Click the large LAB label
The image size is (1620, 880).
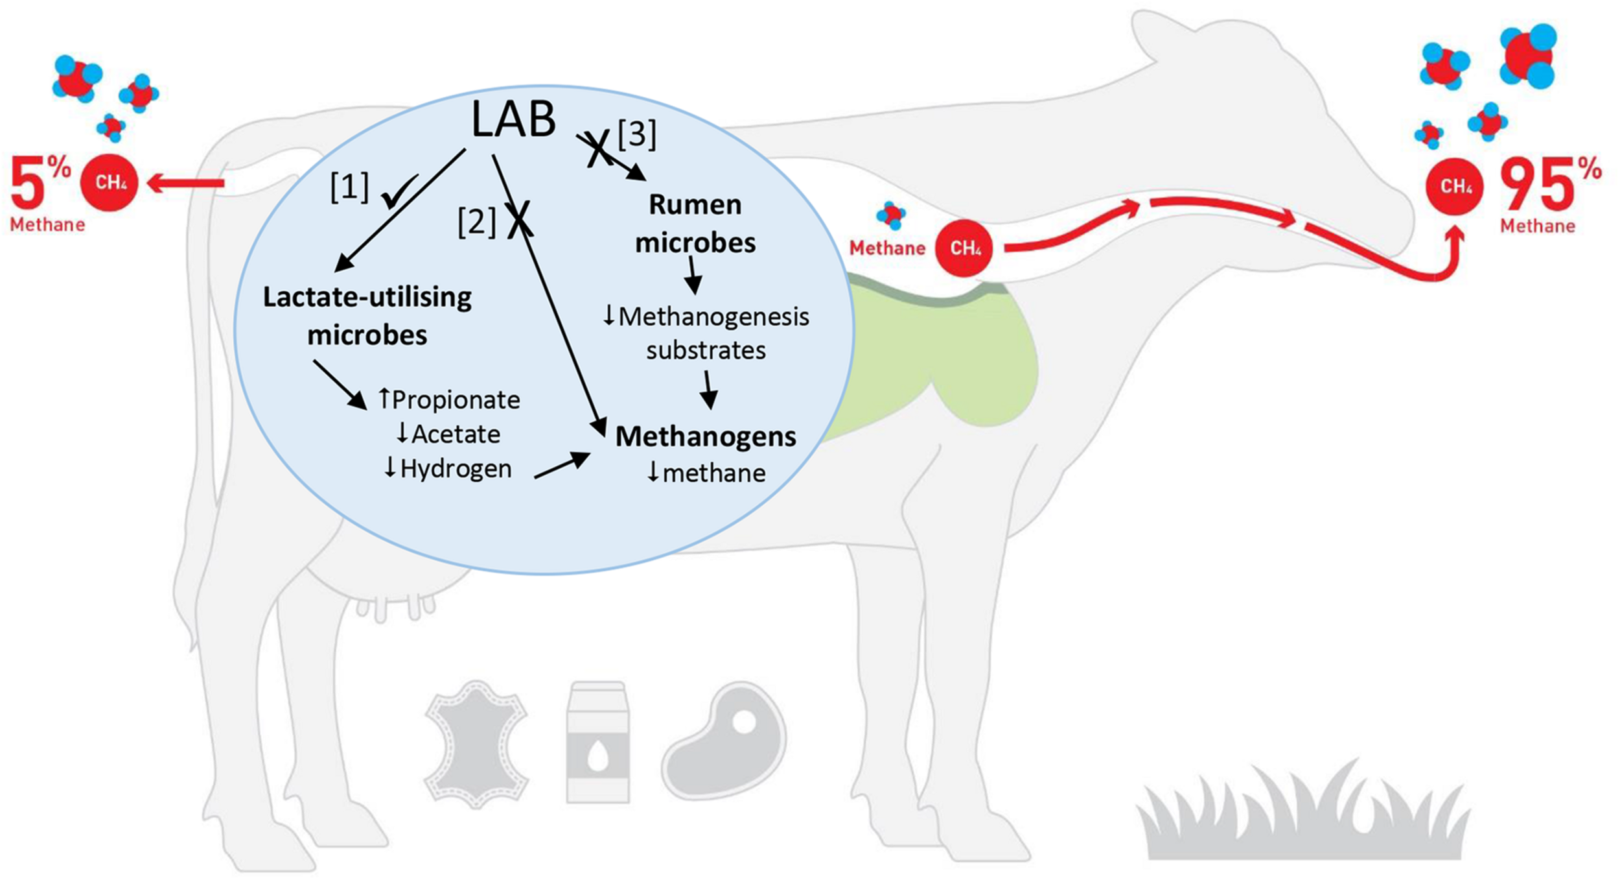pyautogui.click(x=513, y=119)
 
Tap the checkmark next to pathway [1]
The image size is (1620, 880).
pyautogui.click(x=399, y=193)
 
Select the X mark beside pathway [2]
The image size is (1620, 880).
pyautogui.click(x=520, y=219)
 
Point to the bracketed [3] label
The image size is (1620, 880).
pyautogui.click(x=637, y=135)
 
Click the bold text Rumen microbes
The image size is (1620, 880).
pyautogui.click(x=695, y=224)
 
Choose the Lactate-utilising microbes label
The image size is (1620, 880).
pyautogui.click(x=367, y=316)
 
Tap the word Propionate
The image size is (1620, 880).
pyautogui.click(x=456, y=400)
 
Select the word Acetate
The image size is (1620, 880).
pyautogui.click(x=456, y=434)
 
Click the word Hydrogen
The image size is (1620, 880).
pyautogui.click(x=456, y=469)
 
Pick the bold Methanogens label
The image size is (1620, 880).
pyautogui.click(x=706, y=436)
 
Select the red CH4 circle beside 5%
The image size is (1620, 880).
pyautogui.click(x=110, y=182)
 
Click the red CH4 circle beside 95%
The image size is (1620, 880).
pyautogui.click(x=1455, y=187)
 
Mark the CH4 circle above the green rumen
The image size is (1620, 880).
pyautogui.click(x=965, y=248)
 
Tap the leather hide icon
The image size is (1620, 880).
pyautogui.click(x=477, y=744)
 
